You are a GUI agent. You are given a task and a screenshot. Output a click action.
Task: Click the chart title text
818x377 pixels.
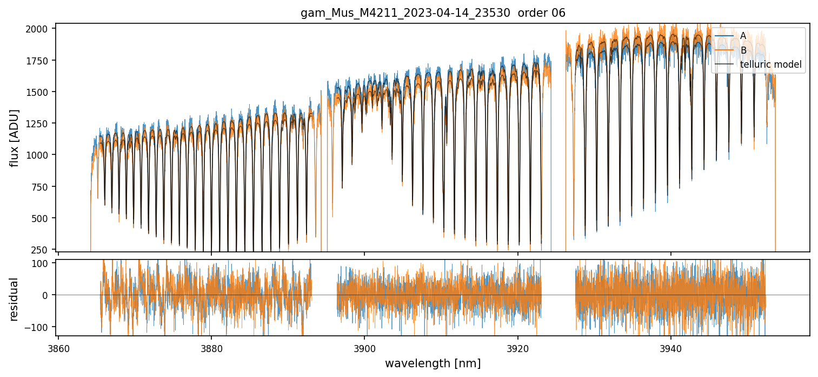point(433,13)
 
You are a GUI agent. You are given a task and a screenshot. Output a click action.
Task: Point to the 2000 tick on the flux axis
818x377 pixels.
point(39,29)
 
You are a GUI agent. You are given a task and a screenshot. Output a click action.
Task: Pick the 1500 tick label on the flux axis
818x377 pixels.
point(39,92)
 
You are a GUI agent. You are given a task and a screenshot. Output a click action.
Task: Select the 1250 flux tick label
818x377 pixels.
point(39,123)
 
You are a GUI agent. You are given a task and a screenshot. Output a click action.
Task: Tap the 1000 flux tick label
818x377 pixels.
point(39,155)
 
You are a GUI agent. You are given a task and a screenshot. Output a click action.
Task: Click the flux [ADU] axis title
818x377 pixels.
point(14,138)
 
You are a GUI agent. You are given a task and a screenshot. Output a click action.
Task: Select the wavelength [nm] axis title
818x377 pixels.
point(433,363)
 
